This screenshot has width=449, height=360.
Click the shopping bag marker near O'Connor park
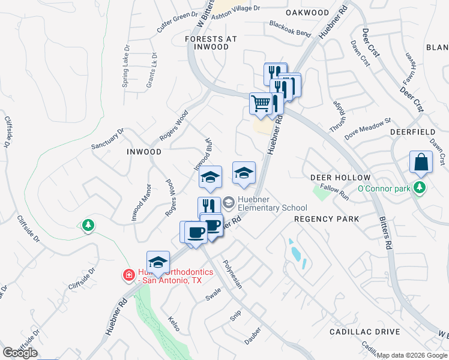point(421,163)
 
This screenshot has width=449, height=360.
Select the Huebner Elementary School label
point(264,204)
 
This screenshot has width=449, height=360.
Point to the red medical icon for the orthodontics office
point(128,275)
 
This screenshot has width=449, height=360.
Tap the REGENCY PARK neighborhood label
point(327,219)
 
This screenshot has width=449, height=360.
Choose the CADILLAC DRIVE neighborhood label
point(364,332)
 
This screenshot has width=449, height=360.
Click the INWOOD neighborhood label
point(144,152)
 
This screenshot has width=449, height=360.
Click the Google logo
point(20,353)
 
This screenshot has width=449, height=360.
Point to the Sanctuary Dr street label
point(107,138)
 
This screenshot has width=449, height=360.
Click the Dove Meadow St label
point(367,129)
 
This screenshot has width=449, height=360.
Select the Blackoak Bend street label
point(290,28)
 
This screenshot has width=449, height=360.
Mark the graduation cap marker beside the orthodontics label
point(158,262)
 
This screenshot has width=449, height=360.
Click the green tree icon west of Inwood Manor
point(88,224)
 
